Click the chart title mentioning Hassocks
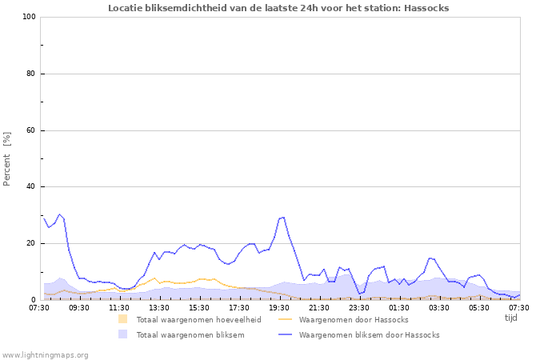coord(278,8)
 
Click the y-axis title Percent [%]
coord(7,158)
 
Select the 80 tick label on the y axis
coord(31,74)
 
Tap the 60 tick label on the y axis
coord(31,130)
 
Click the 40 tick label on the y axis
coord(31,187)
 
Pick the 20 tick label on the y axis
coord(31,243)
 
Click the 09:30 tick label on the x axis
coord(79,307)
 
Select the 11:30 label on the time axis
coord(119,307)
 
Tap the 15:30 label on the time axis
coord(199,307)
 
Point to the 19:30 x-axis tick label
coord(279,307)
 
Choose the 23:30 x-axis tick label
coord(359,307)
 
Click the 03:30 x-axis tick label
coord(439,307)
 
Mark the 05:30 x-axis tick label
coord(479,307)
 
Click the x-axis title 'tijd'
coord(511,318)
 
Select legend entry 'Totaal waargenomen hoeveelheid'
coord(198,320)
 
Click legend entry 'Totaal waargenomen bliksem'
coord(190,335)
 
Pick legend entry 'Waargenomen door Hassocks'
coord(353,320)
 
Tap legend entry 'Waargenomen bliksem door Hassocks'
coord(369,335)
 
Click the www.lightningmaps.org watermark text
coord(45,354)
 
